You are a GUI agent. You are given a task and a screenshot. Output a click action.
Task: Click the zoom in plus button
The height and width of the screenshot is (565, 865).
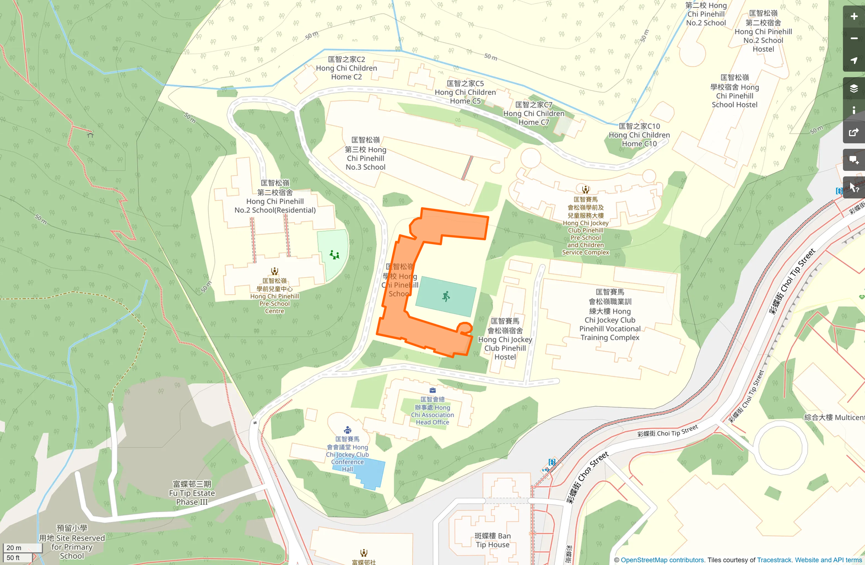[x=853, y=17]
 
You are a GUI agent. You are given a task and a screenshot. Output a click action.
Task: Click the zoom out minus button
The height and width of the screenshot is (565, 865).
[x=853, y=39]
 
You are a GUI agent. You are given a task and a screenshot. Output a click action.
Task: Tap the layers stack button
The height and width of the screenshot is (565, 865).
[x=853, y=88]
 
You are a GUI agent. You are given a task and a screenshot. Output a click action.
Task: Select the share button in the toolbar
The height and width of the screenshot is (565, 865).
[x=853, y=132]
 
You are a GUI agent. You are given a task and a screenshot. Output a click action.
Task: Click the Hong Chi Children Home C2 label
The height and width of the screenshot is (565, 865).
[x=347, y=68]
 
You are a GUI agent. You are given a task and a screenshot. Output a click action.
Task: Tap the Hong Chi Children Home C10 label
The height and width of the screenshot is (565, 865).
[x=639, y=135]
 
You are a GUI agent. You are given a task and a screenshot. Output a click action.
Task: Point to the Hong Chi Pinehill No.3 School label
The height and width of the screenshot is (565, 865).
[x=365, y=154]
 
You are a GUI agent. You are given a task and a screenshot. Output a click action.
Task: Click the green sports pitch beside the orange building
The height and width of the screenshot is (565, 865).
[x=446, y=297]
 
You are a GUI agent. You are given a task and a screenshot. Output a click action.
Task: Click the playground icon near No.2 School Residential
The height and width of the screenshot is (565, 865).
[x=334, y=255]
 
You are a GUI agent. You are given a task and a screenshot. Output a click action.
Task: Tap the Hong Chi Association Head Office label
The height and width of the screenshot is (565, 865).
[x=432, y=411]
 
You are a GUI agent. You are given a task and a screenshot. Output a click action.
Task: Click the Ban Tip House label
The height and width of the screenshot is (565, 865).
[x=493, y=540]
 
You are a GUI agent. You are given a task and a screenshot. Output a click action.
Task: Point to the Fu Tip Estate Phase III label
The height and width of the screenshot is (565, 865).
[x=192, y=493]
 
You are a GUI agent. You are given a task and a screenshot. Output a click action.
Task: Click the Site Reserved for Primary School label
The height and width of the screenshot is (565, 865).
[x=72, y=542]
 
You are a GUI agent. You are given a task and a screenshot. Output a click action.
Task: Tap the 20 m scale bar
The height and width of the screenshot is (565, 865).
[x=22, y=548]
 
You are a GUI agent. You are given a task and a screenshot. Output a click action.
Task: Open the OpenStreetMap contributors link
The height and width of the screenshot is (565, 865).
[x=662, y=560]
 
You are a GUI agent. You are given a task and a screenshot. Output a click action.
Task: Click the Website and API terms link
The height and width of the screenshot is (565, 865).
[x=828, y=560]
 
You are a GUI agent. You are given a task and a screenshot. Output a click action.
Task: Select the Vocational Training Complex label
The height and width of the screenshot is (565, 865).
[x=610, y=315]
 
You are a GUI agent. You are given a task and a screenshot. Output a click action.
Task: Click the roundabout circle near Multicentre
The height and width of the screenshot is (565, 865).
[x=781, y=448]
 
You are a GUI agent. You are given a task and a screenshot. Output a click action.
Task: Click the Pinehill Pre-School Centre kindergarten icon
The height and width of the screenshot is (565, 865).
[x=274, y=271]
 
